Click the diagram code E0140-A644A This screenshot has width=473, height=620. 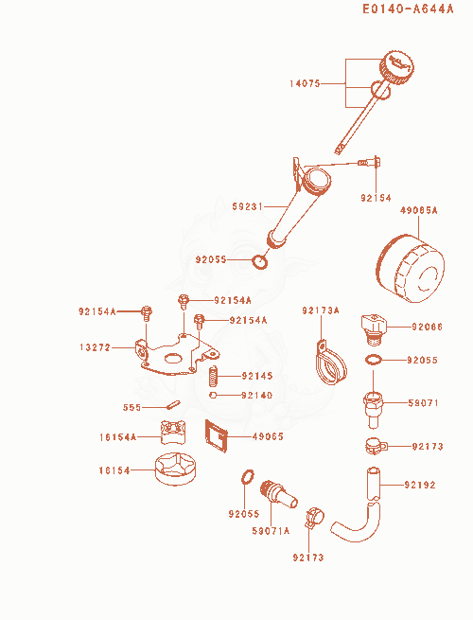pos(408,9)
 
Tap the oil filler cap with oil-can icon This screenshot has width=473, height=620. pos(396,67)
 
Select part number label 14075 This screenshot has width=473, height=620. pos(305,84)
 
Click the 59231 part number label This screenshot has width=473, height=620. pos(247,206)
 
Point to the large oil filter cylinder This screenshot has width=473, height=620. pos(411,269)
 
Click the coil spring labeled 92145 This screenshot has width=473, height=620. pos(214,376)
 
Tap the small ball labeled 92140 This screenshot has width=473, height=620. pos(213,395)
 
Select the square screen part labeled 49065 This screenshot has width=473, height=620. pos(216,435)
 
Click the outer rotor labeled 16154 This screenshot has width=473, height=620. pos(175,469)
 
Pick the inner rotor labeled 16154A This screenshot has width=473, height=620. pos(173,433)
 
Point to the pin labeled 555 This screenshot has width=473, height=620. pos(173,404)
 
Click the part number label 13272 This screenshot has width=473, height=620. pos(95,347)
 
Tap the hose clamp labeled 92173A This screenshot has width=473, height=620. pos(331,363)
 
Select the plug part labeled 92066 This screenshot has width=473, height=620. pos(374,329)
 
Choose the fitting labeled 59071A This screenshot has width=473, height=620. pos(278,493)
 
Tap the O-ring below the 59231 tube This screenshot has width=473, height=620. pos(259,262)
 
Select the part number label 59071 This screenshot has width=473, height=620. pos(423,403)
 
